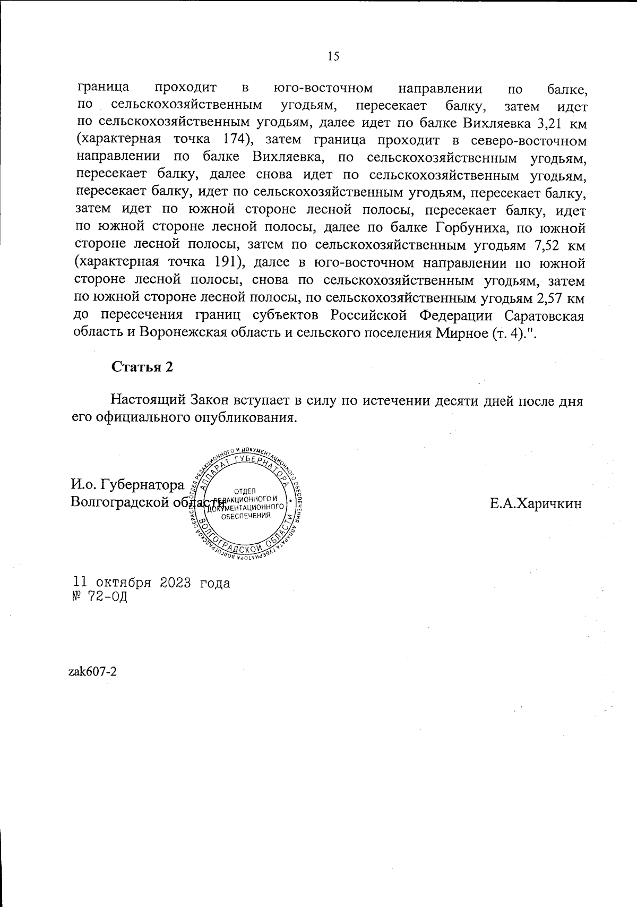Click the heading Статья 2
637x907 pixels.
coord(142,367)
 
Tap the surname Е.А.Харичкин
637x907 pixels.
coord(536,503)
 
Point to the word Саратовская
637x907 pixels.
coord(544,315)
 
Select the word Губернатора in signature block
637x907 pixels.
coord(143,484)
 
